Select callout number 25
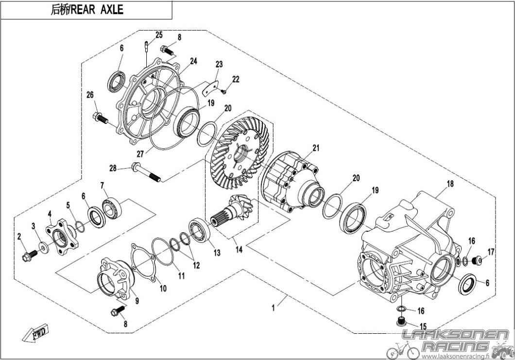point(159,35)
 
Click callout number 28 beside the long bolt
point(113,169)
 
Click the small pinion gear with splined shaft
point(232,210)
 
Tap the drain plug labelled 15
point(400,321)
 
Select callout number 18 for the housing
point(450,184)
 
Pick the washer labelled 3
point(43,248)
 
